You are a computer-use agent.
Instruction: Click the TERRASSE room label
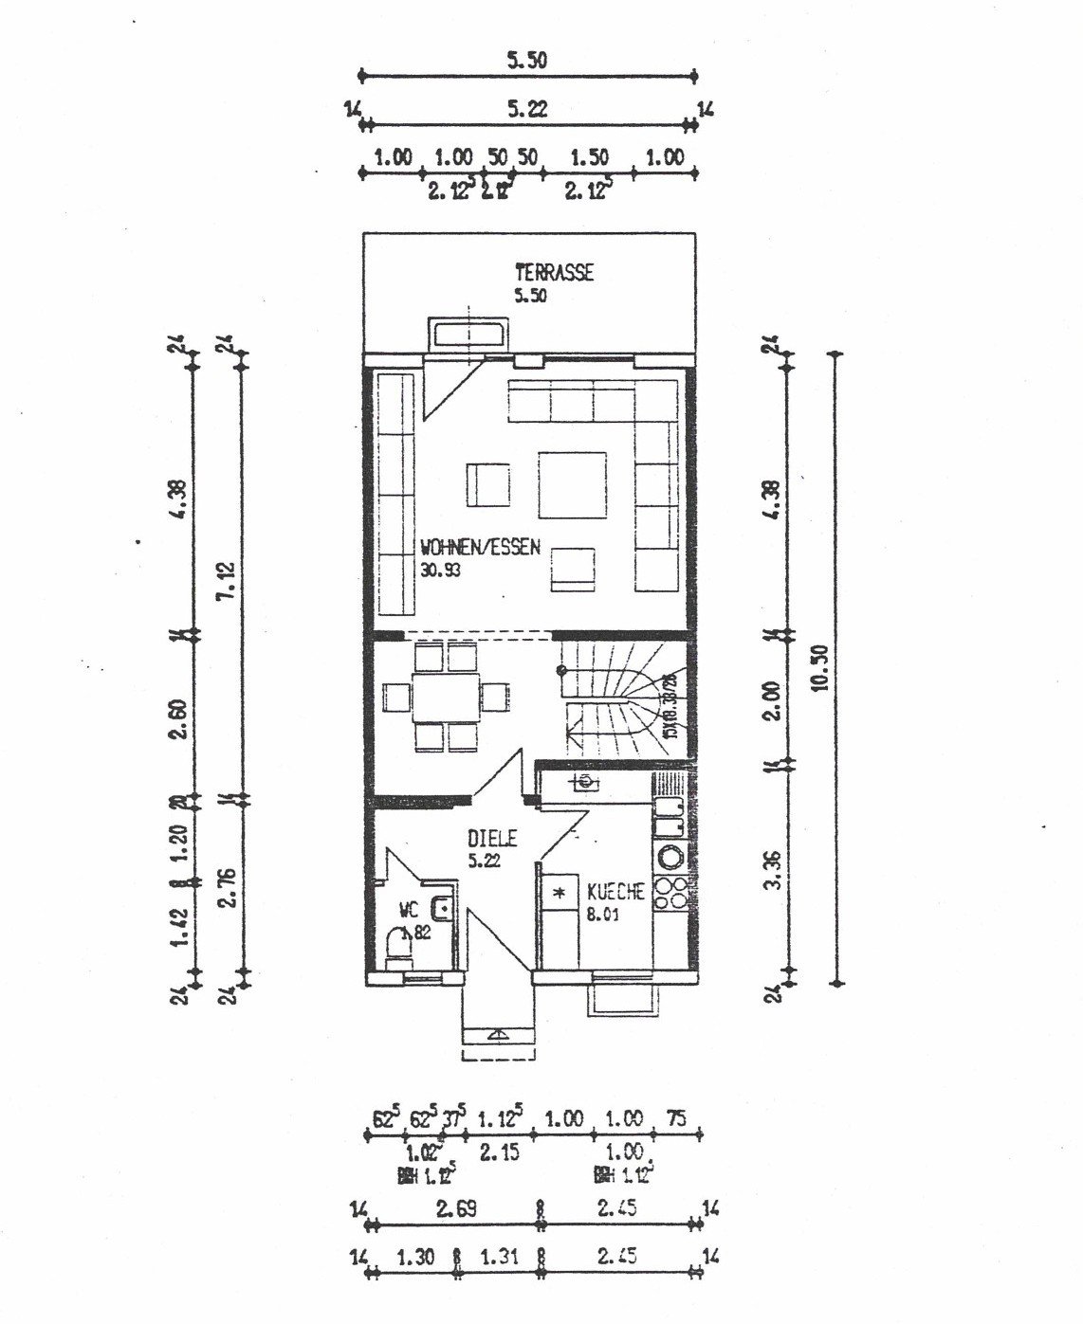point(554,273)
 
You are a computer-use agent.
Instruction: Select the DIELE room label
point(492,839)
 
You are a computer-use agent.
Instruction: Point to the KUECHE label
point(615,892)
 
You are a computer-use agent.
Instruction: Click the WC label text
point(409,911)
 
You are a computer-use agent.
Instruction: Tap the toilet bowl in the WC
point(399,946)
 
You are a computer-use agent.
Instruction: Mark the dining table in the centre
point(445,698)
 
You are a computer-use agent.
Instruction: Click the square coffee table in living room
point(573,484)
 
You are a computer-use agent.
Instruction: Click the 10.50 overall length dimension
point(821,667)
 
